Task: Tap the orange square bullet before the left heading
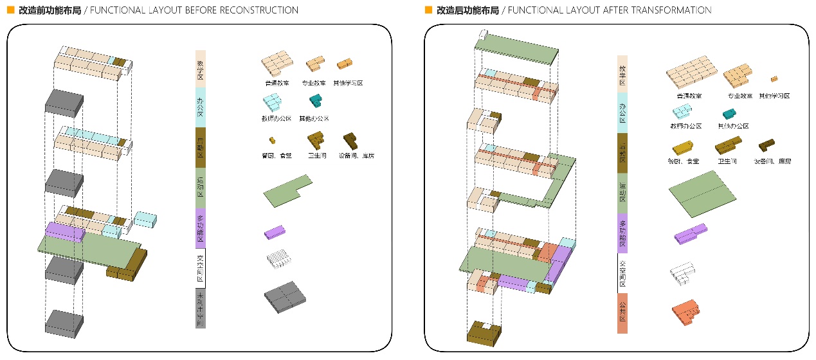[x=10, y=10]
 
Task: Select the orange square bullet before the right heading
[x=428, y=10]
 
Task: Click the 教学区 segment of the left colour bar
[x=201, y=69]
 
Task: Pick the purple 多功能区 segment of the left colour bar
[x=201, y=228]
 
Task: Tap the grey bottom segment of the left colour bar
[x=201, y=308]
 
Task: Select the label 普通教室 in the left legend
[x=277, y=83]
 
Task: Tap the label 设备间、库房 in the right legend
[x=772, y=161]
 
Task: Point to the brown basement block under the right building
[x=486, y=333]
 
